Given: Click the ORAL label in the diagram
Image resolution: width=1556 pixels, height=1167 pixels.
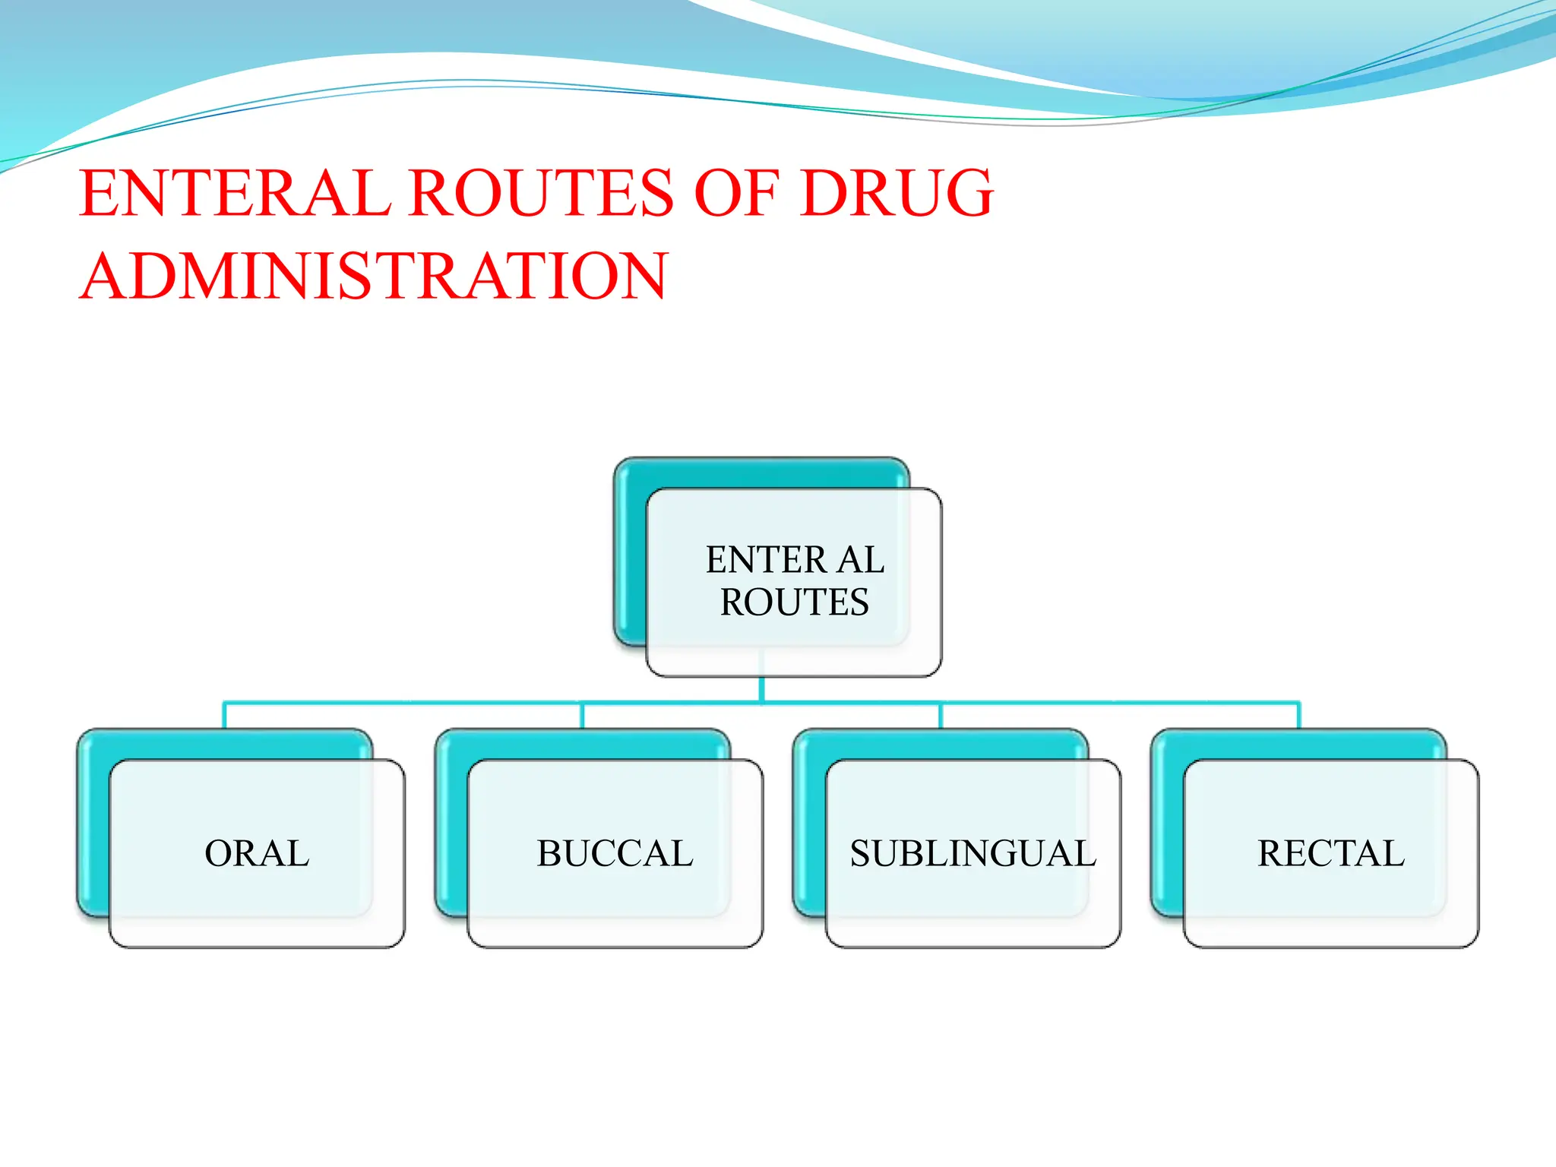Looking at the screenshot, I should pos(257,853).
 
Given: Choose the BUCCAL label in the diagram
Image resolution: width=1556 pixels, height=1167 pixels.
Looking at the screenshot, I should pos(615,853).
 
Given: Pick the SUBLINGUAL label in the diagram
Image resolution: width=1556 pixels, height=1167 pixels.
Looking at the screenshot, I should pos(972,853).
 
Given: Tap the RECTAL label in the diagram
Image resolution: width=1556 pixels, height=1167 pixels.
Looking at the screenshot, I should pos(1331,853).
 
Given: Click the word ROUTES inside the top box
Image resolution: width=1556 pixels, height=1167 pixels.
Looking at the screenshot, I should pos(794,602).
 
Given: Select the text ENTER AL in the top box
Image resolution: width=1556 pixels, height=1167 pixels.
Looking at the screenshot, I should pos(795,560).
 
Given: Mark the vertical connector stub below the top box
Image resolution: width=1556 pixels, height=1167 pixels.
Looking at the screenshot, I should pos(761,689).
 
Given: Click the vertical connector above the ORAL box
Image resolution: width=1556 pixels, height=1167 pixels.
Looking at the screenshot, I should pos(224,716).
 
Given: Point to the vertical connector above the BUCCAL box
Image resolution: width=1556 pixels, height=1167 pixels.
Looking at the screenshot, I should pos(582,716).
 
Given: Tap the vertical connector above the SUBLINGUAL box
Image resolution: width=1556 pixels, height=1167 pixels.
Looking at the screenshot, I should pos(941,716).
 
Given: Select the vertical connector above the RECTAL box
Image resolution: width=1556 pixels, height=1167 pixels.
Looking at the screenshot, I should pos(1298,716).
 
